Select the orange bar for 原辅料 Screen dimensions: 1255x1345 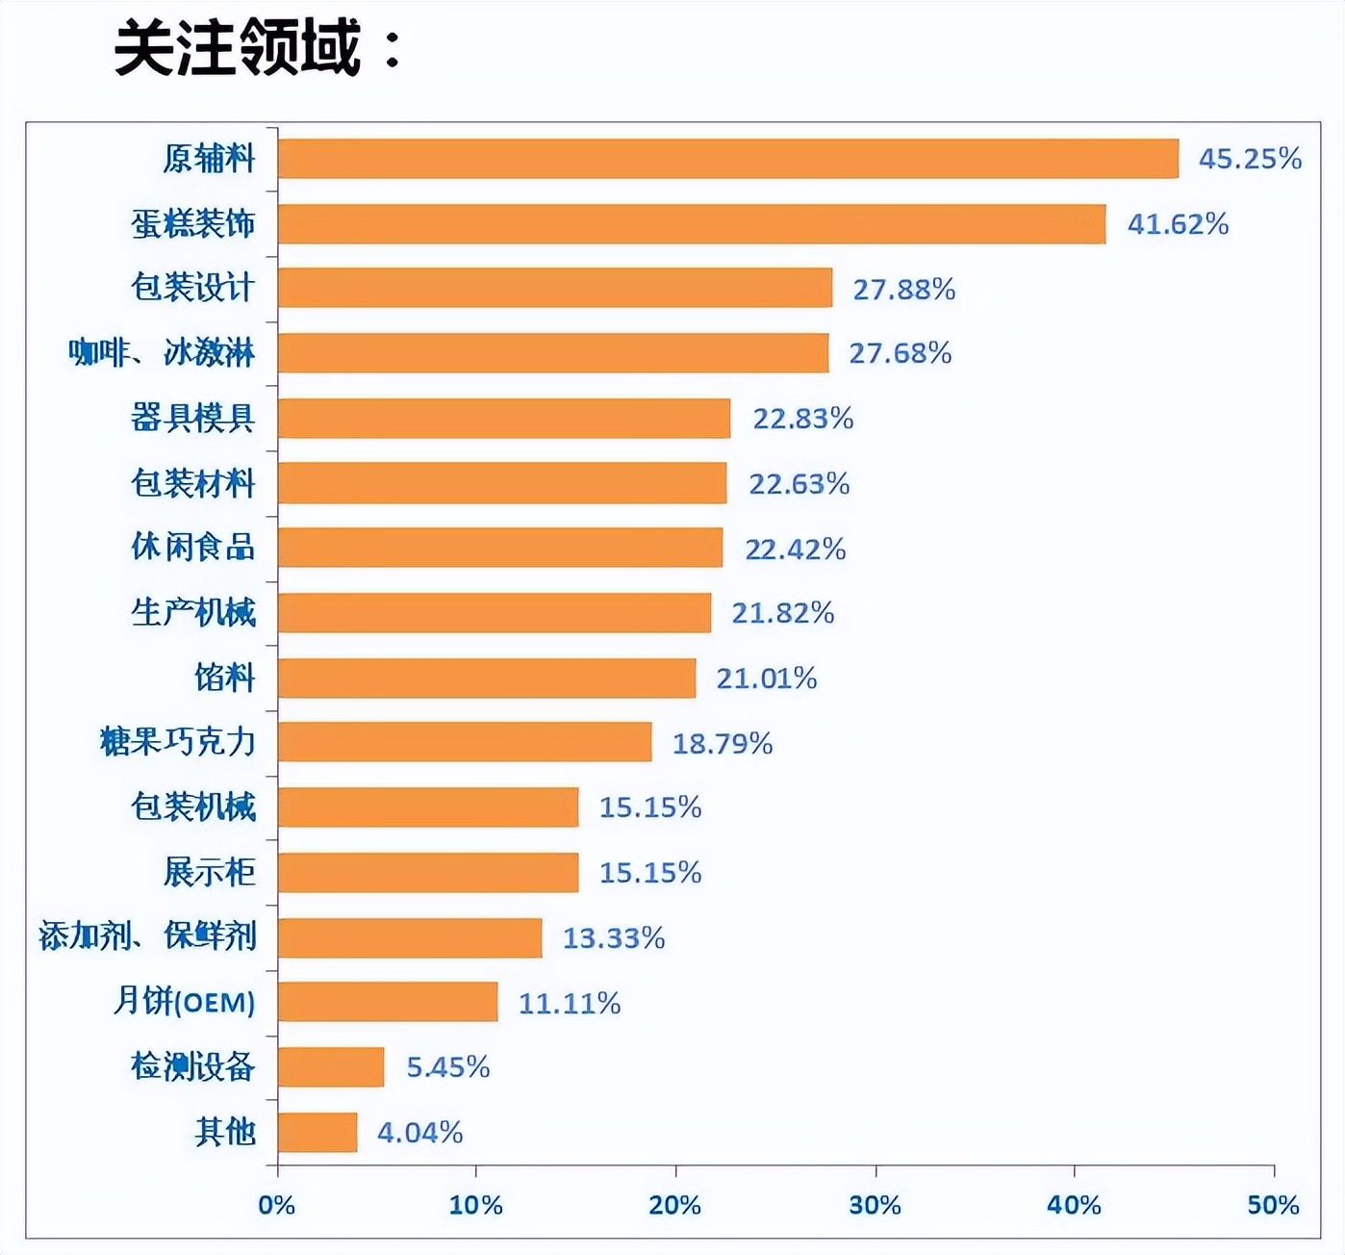pyautogui.click(x=727, y=159)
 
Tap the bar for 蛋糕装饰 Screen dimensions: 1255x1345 pyautogui.click(x=691, y=224)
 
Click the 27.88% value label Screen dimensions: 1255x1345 pyautogui.click(x=903, y=289)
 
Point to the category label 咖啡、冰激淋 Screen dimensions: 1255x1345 pyautogui.click(x=161, y=353)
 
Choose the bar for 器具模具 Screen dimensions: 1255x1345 pyautogui.click(x=503, y=419)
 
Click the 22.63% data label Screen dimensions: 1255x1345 pyautogui.click(x=799, y=483)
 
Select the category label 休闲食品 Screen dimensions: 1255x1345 pyautogui.click(x=192, y=548)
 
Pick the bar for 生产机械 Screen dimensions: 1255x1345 pyautogui.click(x=494, y=613)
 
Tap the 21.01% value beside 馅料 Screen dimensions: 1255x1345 pyautogui.click(x=766, y=679)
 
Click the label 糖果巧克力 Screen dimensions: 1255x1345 pyautogui.click(x=177, y=742)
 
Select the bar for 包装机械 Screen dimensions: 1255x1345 pyautogui.click(x=428, y=807)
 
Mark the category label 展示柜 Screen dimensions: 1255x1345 pyautogui.click(x=209, y=872)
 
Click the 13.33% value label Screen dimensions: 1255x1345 pyautogui.click(x=613, y=937)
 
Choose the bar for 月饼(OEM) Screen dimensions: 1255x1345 pyautogui.click(x=388, y=1002)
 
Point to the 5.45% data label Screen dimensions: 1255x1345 pyautogui.click(x=447, y=1067)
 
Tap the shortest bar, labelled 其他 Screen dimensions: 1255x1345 pyautogui.click(x=317, y=1133)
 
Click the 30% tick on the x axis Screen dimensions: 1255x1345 pyautogui.click(x=875, y=1205)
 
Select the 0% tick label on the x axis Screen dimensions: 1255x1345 pyautogui.click(x=277, y=1205)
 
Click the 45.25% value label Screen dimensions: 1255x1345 pyautogui.click(x=1249, y=159)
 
